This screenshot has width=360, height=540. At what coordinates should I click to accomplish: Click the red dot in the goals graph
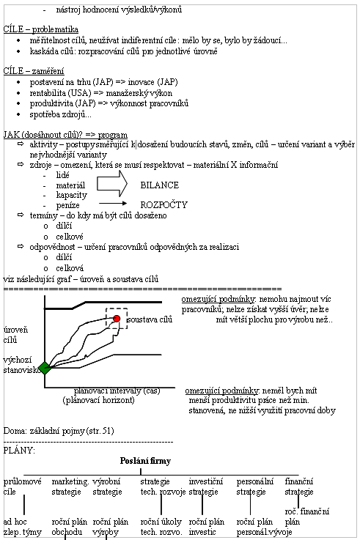click(x=117, y=319)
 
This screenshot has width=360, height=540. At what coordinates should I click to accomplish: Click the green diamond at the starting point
click(x=45, y=368)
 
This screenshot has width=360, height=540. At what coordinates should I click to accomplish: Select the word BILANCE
click(x=160, y=185)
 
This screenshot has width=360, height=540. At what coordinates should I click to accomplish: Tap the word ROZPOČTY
click(x=164, y=205)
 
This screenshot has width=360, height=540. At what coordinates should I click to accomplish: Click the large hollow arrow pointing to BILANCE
click(x=112, y=184)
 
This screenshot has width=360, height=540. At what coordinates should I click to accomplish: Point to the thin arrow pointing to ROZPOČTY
click(x=113, y=204)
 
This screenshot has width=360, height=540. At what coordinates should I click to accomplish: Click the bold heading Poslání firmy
click(x=145, y=461)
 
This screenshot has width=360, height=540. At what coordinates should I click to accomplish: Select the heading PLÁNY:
click(x=19, y=451)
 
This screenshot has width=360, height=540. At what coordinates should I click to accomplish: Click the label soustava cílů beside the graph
click(x=150, y=319)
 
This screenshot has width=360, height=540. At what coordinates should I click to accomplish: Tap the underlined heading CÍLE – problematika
click(x=40, y=29)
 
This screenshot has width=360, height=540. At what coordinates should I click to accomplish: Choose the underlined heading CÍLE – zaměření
click(x=34, y=71)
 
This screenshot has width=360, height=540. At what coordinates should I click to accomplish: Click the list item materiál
click(x=70, y=185)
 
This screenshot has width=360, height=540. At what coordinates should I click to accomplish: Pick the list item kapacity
click(x=72, y=196)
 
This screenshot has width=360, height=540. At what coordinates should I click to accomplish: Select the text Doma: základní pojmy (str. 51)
click(x=59, y=431)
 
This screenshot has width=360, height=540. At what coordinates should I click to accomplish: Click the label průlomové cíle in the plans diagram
click(x=23, y=487)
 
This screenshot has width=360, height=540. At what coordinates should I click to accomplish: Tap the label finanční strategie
click(x=299, y=487)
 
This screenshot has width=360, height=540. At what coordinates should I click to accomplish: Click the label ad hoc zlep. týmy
click(x=23, y=527)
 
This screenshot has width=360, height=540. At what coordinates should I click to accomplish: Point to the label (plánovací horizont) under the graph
click(x=98, y=400)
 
